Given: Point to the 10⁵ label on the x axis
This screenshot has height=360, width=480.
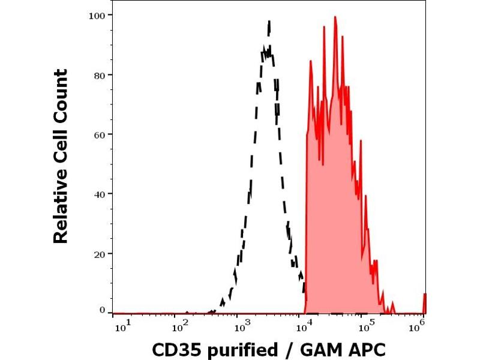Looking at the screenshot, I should pos(364,325).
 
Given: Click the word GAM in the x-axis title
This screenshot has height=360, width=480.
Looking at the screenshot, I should pos(316,349).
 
